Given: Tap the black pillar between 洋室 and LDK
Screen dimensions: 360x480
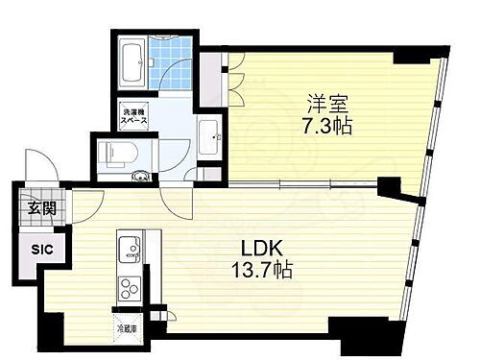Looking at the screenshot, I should tap(391, 185).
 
